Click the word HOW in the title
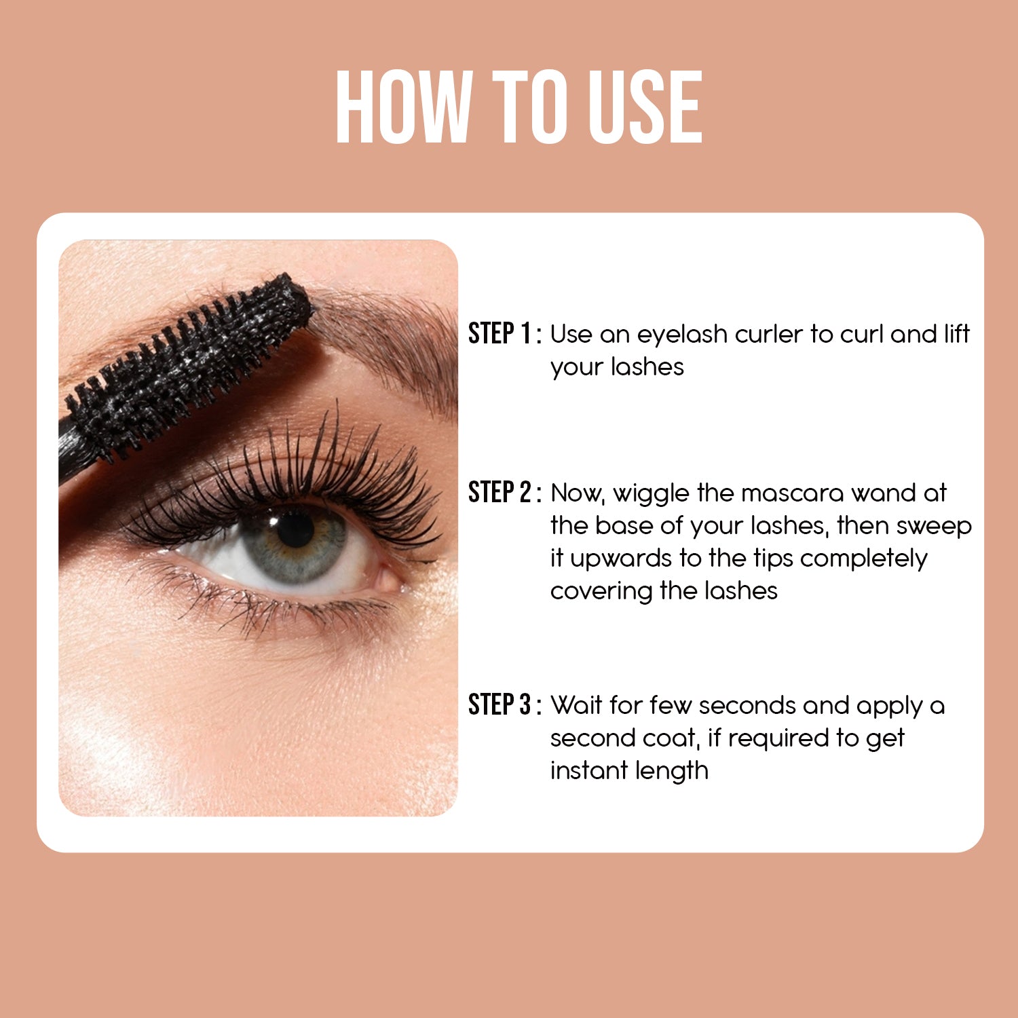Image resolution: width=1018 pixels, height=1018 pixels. click(404, 107)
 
